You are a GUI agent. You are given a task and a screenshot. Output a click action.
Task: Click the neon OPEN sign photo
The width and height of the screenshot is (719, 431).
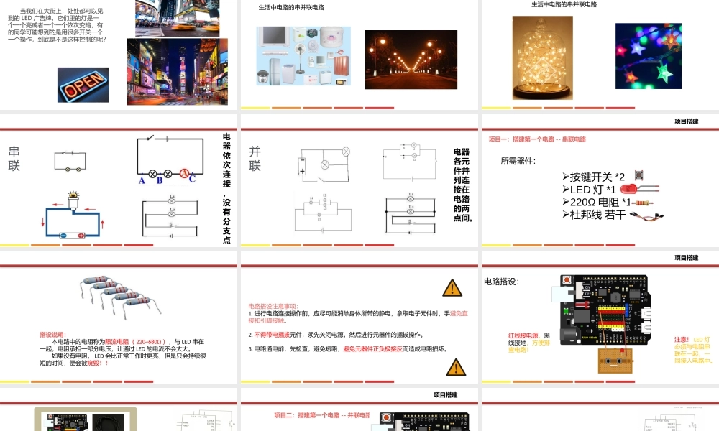83,85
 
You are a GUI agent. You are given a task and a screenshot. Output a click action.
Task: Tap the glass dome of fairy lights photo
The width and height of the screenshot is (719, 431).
542,57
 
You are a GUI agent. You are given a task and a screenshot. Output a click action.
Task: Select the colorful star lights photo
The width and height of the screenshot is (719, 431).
648,56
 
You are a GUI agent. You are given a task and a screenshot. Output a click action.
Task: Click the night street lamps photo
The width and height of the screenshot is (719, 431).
411,60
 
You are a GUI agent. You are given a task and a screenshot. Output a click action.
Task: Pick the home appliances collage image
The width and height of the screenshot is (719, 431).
304,56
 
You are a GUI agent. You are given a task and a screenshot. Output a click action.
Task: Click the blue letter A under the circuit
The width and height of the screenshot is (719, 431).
142,181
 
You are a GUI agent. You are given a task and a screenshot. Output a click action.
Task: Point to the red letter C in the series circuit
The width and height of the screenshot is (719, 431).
192,180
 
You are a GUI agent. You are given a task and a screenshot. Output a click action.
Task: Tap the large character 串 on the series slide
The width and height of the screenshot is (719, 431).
14,152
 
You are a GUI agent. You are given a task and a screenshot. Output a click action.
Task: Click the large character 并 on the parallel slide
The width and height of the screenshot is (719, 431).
255,152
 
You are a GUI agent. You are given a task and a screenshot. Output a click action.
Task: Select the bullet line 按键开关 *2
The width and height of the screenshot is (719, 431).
596,177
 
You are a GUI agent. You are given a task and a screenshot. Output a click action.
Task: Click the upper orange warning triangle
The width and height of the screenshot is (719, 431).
452,288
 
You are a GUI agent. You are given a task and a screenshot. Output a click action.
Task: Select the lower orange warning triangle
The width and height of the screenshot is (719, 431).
456,368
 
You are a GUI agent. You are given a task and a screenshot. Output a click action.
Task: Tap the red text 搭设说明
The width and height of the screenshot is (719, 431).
52,334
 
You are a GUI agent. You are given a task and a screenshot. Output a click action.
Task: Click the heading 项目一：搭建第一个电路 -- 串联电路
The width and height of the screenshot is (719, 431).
537,139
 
